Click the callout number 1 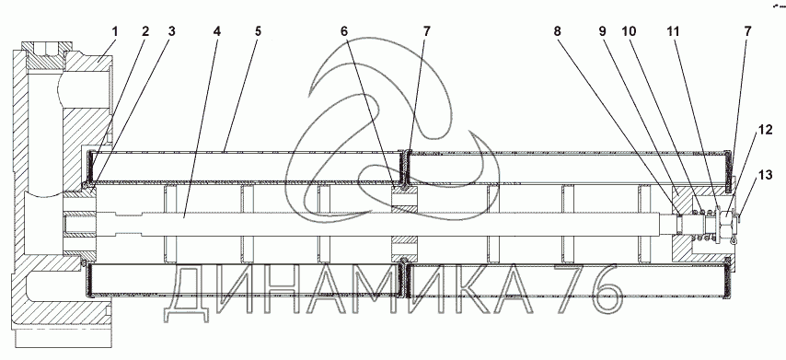click(115, 31)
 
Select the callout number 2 click(145, 31)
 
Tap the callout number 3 click(172, 31)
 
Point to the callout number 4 click(216, 31)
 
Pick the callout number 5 click(258, 31)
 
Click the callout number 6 click(344, 31)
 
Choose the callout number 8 click(558, 31)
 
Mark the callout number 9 click(602, 31)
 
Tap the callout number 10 click(629, 31)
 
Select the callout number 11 click(673, 31)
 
